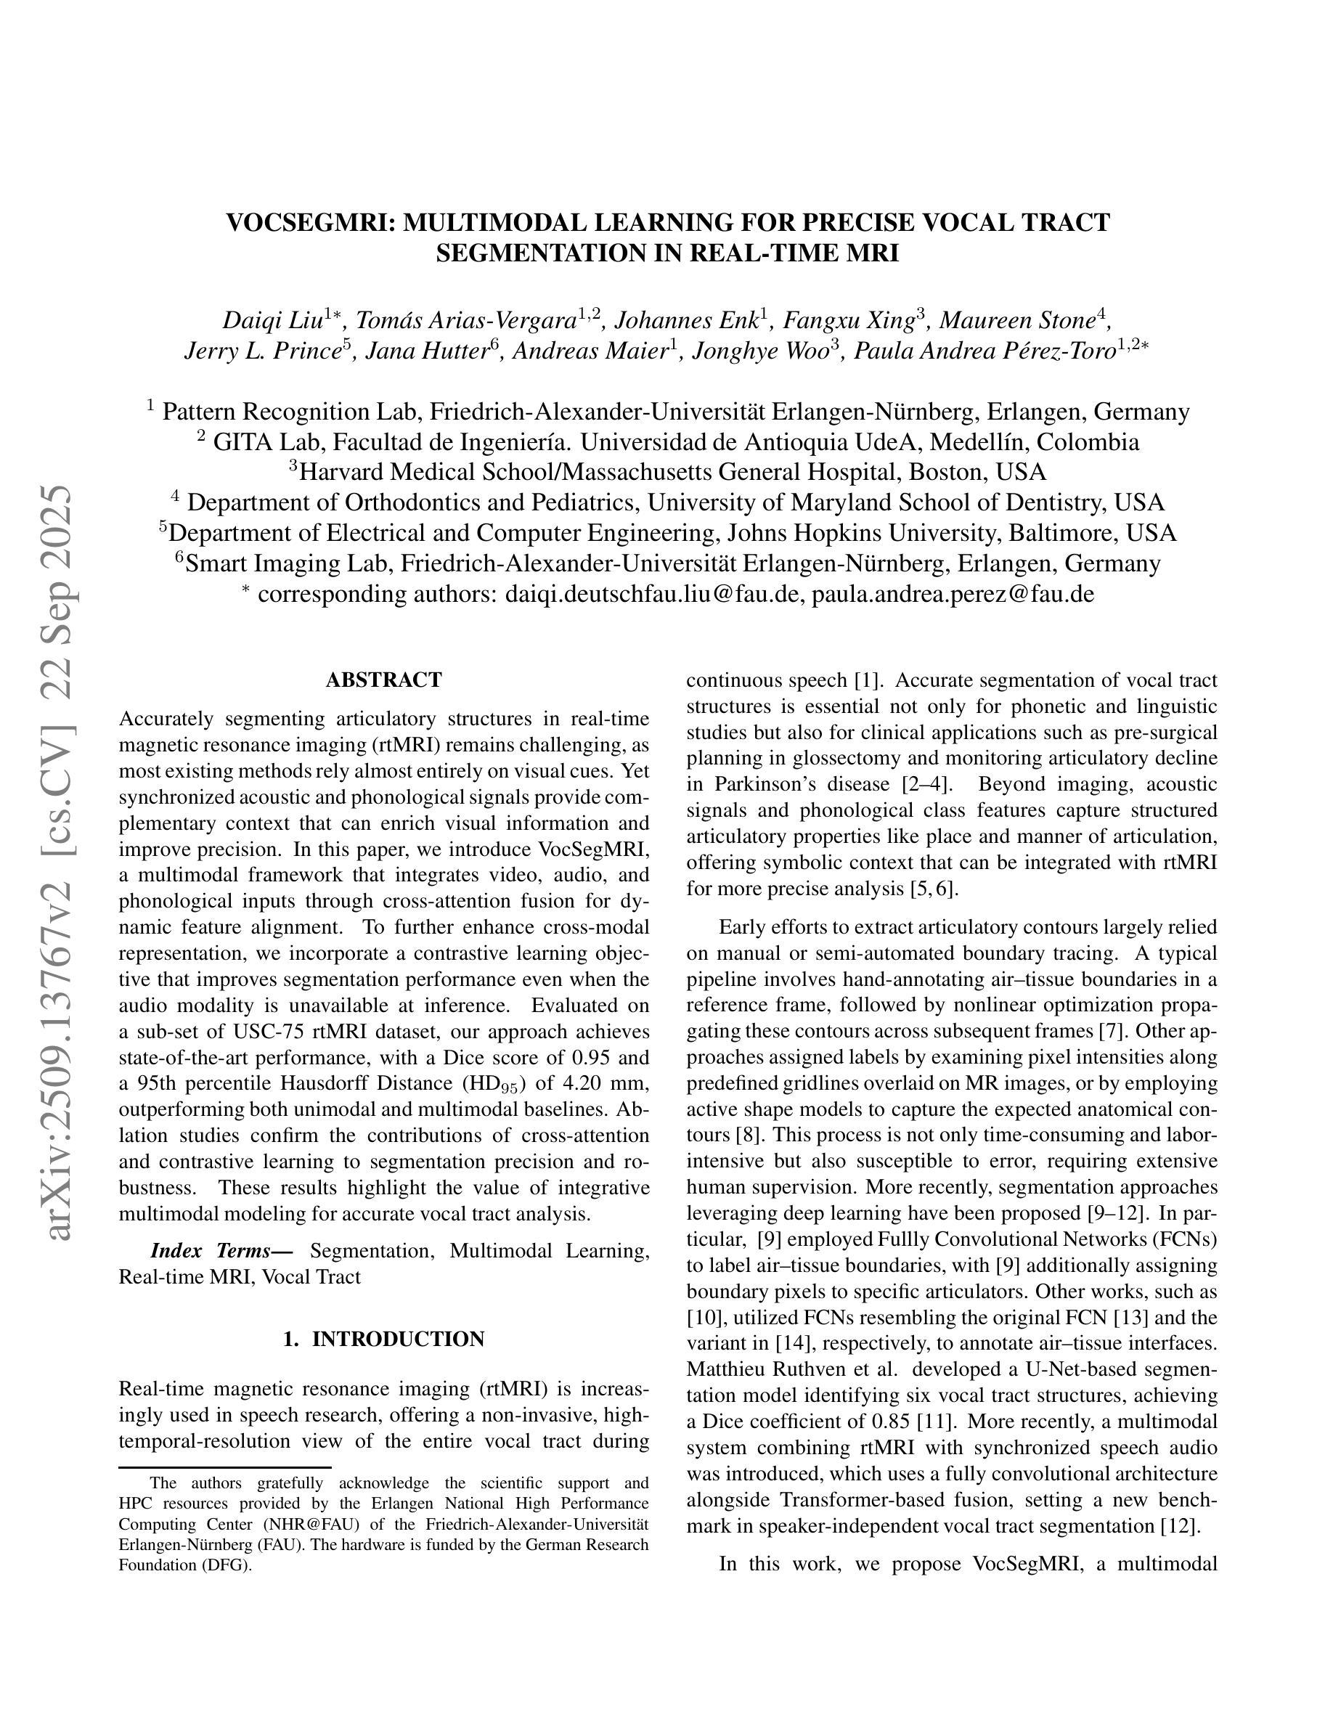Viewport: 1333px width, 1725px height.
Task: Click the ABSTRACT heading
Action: tap(384, 680)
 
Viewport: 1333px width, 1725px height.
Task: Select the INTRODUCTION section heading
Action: tap(398, 1339)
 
